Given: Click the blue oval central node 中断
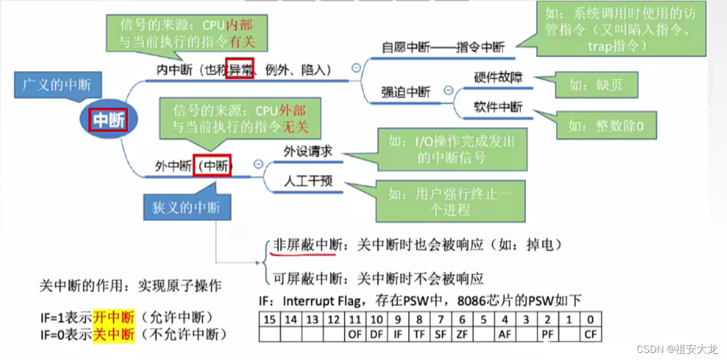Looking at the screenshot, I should (109, 120).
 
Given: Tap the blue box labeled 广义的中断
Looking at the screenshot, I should (57, 84).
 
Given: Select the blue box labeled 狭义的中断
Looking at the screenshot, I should (187, 207).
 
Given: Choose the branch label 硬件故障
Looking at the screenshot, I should (498, 77).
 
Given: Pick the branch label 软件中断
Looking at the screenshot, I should (498, 107).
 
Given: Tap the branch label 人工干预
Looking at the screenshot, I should (307, 180).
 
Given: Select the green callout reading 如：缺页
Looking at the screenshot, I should (596, 85).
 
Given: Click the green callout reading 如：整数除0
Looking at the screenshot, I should (606, 126).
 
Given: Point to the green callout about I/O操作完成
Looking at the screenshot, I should (452, 149).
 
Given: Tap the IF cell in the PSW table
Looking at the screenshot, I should (398, 334).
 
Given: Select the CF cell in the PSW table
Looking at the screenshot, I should (590, 334).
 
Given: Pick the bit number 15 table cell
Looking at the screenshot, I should (270, 320).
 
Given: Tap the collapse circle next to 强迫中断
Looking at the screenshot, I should (449, 90).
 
